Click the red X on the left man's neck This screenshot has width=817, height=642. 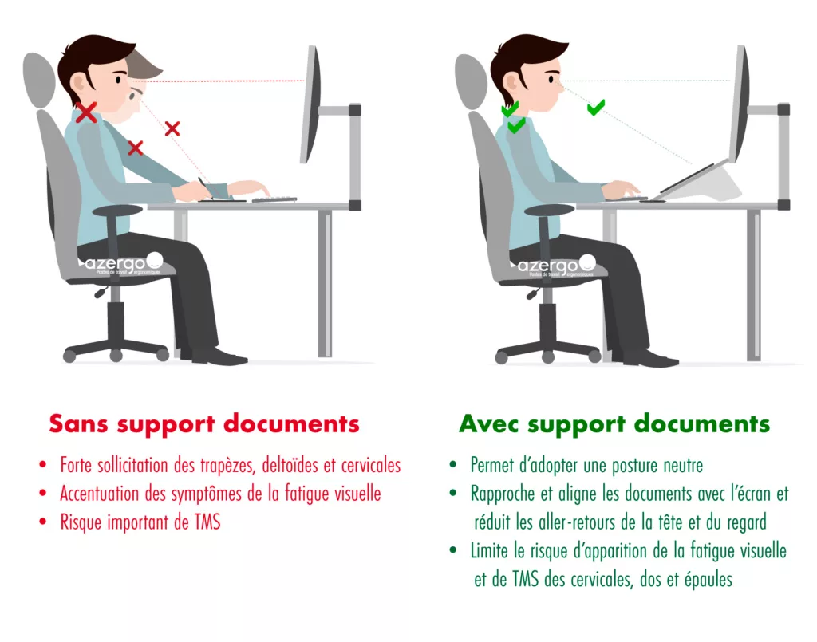(86, 112)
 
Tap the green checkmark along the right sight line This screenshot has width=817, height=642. (595, 107)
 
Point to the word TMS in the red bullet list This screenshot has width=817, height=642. (207, 522)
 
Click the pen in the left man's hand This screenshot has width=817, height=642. (205, 187)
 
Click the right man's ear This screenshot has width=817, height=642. (511, 83)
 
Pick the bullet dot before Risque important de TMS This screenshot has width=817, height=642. (43, 522)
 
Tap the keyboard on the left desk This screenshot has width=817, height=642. (274, 199)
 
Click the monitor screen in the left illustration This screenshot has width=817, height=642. (310, 104)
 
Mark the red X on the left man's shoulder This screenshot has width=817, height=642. (136, 148)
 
